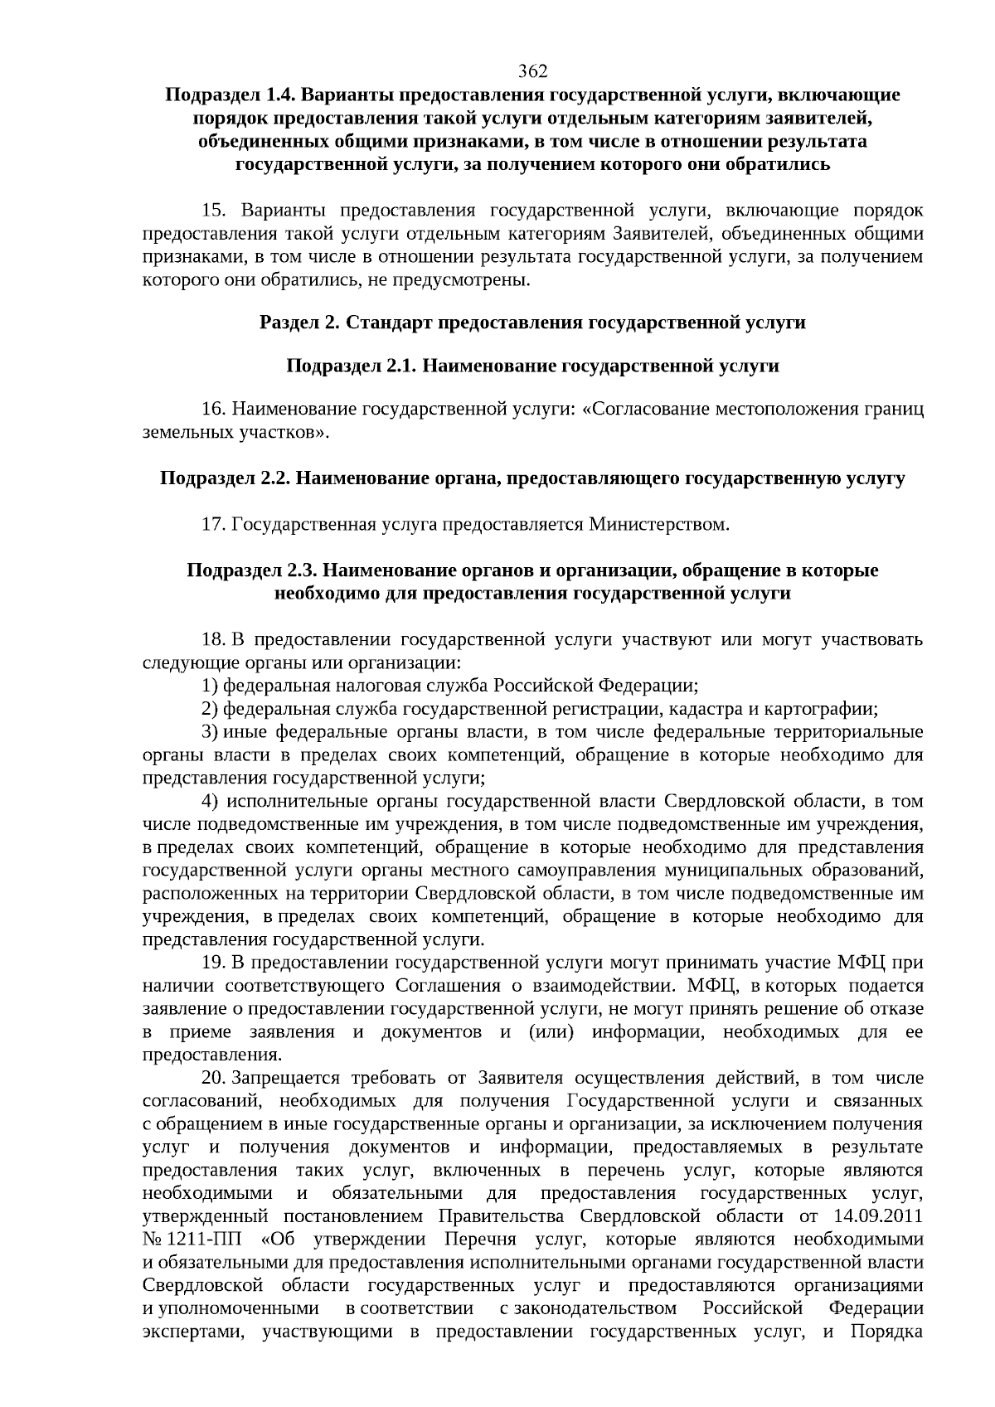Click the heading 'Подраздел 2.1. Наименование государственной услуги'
pyautogui.click(x=532, y=366)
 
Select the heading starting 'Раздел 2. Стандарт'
pyautogui.click(x=532, y=322)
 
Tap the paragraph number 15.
pyautogui.click(x=215, y=211)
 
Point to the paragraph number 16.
pyautogui.click(x=215, y=410)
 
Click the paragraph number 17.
pyautogui.click(x=215, y=525)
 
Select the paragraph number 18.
pyautogui.click(x=215, y=639)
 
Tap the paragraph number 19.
pyautogui.click(x=215, y=963)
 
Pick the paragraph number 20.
pyautogui.click(x=215, y=1078)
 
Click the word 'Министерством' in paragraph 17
pyautogui.click(x=659, y=525)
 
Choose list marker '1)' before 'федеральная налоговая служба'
pyautogui.click(x=210, y=686)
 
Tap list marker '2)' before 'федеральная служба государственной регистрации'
pyautogui.click(x=210, y=709)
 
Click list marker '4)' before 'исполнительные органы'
pyautogui.click(x=210, y=802)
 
